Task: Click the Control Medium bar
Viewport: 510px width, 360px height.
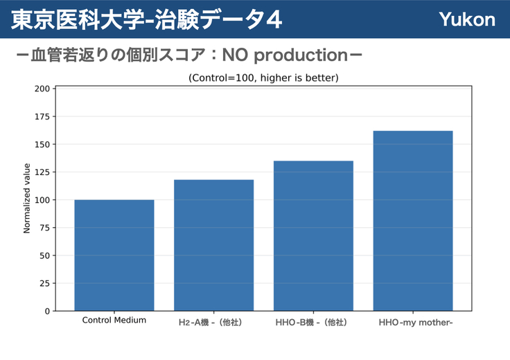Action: tap(114, 255)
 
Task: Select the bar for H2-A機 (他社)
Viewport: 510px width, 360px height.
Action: tap(213, 245)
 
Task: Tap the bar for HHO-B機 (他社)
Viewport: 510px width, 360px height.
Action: tap(313, 236)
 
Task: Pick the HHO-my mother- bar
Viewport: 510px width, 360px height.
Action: tap(413, 221)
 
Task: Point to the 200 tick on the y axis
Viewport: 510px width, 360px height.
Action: tap(42, 89)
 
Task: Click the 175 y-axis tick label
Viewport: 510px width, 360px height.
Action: tap(42, 116)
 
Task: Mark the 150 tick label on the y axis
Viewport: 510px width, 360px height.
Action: tap(42, 145)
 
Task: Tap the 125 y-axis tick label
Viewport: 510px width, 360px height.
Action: tap(42, 172)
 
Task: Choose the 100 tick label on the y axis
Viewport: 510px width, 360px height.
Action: tap(42, 200)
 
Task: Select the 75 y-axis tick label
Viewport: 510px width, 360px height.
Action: tap(44, 228)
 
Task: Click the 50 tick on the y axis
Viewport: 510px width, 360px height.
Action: tap(44, 255)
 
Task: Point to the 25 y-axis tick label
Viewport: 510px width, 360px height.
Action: tap(44, 284)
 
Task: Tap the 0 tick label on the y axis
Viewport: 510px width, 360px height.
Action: tap(48, 312)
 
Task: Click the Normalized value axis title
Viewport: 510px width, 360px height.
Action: tap(26, 198)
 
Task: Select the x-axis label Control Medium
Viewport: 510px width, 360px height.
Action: tap(114, 321)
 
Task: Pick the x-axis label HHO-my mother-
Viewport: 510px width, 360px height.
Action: tap(416, 323)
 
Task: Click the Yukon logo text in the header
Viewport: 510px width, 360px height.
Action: tap(467, 19)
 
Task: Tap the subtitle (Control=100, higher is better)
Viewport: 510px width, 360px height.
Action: tap(263, 78)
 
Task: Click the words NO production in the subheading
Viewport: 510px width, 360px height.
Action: tap(285, 55)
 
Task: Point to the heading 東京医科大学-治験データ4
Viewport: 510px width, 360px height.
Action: tap(146, 19)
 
